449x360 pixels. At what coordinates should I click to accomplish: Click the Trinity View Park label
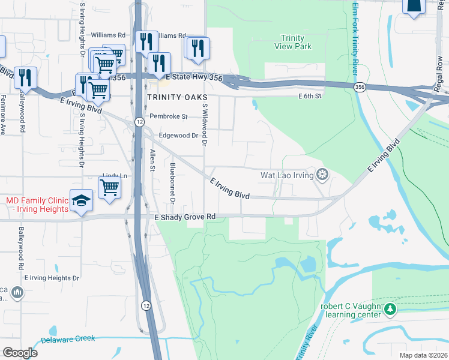[292, 41]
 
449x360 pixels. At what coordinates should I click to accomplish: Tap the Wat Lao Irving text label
[287, 176]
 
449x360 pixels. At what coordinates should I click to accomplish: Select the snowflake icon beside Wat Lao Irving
[322, 175]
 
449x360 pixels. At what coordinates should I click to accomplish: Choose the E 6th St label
[310, 96]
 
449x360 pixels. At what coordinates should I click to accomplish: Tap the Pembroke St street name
[169, 116]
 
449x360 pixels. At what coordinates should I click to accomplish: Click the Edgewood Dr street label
[178, 136]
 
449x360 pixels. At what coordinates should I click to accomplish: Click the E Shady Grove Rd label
[185, 217]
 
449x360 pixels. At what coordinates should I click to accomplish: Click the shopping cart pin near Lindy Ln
[109, 187]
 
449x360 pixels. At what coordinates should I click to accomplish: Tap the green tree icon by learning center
[391, 308]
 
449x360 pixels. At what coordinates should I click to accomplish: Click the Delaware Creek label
[68, 339]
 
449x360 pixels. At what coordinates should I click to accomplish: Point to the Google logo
[20, 353]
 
